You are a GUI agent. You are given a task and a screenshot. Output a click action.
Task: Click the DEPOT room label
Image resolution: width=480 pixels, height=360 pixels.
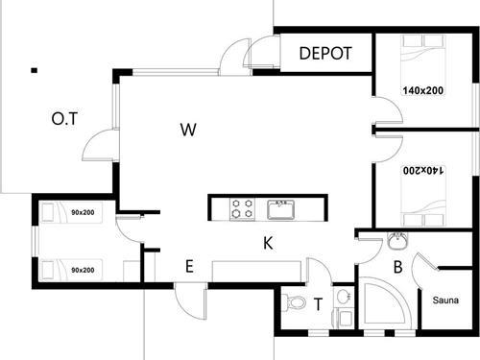[x=325, y=54]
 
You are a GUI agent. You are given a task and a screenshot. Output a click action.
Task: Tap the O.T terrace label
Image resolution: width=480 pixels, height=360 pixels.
[x=63, y=120]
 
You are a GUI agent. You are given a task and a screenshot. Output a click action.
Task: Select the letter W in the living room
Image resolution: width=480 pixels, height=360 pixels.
[x=189, y=130]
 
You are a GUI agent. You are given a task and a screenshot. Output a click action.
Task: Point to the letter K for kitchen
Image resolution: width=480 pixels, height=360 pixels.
[x=270, y=244]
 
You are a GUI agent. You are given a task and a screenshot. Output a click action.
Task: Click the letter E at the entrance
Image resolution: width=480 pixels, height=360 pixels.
[x=189, y=267]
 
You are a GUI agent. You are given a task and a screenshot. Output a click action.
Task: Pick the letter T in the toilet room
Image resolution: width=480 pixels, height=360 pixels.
[x=319, y=304]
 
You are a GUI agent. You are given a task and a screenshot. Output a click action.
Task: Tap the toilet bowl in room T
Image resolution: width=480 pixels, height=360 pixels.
[x=297, y=303]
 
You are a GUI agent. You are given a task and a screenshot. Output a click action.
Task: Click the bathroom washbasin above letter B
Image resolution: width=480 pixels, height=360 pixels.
[x=397, y=240]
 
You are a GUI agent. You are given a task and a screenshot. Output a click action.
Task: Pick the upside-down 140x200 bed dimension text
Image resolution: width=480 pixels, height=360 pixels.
[x=423, y=170]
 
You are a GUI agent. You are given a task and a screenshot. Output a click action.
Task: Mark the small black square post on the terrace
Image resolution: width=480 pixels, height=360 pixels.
[x=34, y=69]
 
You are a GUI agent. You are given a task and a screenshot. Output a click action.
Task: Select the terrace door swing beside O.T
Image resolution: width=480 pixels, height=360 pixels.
[x=97, y=149]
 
